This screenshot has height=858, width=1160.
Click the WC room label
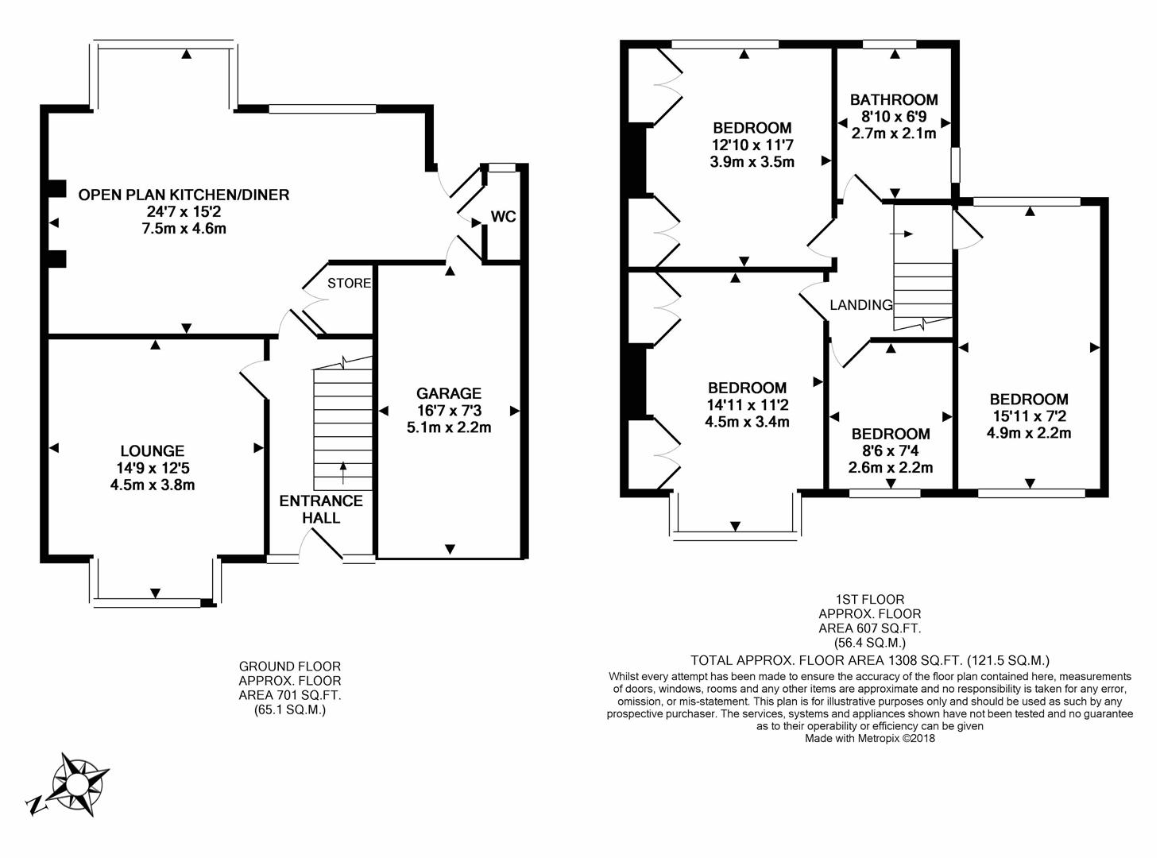[504, 216]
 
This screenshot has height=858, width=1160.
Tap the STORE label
[349, 283]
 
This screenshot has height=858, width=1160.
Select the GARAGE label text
[449, 393]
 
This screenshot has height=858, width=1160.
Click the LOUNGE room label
[153, 451]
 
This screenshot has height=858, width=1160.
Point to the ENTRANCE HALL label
[321, 509]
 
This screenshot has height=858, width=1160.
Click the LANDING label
[861, 304]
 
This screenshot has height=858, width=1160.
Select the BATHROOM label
[894, 100]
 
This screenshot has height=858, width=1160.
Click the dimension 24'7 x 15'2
[184, 212]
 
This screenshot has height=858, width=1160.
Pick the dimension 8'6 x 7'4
[891, 451]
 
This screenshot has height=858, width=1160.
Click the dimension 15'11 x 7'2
[1029, 416]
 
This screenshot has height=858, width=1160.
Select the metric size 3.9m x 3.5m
[752, 161]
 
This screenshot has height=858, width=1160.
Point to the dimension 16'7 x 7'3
[449, 411]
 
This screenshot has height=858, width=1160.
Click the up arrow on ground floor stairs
[343, 470]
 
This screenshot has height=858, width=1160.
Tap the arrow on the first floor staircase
[903, 234]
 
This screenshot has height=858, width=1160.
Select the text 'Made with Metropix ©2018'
[870, 738]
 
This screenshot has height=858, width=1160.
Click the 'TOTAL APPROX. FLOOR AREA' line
[870, 659]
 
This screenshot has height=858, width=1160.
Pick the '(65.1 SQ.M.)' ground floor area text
[290, 710]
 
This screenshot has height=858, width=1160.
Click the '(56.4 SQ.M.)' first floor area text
[870, 643]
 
